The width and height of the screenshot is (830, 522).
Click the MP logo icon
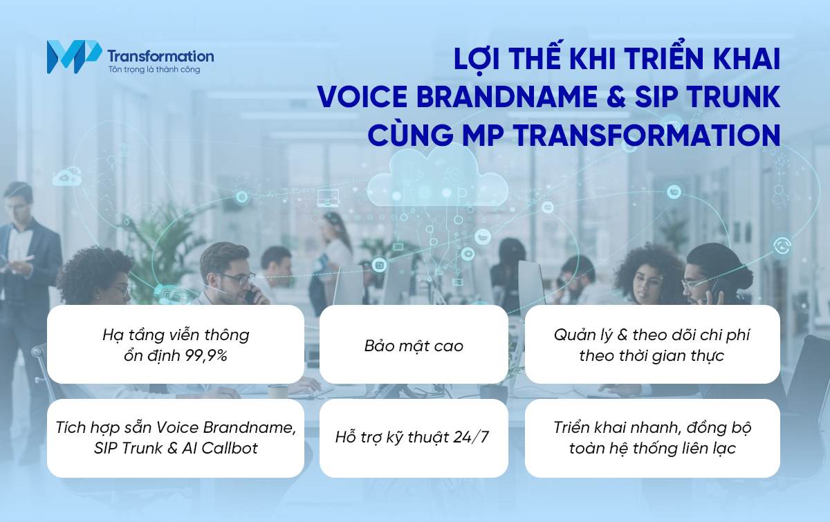click(73, 57)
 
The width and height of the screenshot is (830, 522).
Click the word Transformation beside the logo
click(160, 55)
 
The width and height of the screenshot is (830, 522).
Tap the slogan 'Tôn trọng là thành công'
click(154, 70)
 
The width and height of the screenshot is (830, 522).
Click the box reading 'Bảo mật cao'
click(414, 345)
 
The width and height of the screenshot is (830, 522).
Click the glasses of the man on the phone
click(236, 278)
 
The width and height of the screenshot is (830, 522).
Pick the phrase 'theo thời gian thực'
click(652, 356)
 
